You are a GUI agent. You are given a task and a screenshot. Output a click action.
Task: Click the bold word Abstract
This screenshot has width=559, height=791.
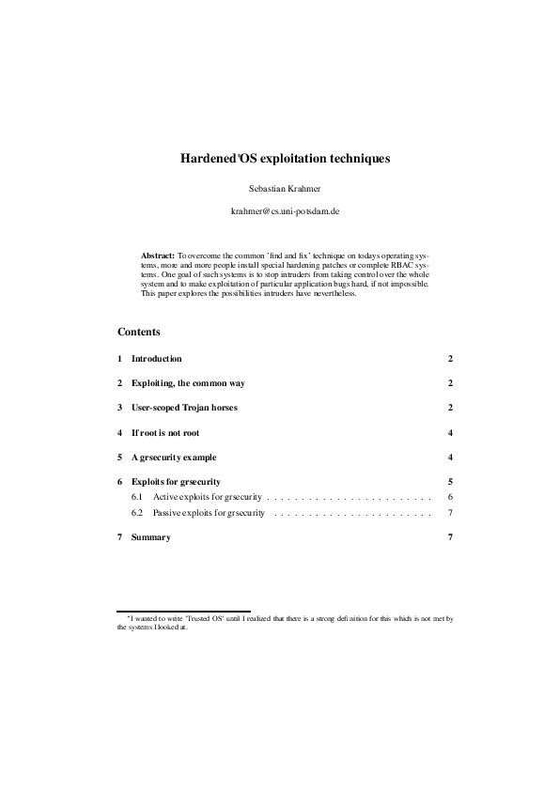158,255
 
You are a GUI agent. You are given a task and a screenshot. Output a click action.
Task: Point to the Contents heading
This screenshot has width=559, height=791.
139,332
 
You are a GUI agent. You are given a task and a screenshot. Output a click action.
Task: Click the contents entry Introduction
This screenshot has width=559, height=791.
156,359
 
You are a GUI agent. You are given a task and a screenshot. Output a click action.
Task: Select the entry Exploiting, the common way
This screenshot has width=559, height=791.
188,383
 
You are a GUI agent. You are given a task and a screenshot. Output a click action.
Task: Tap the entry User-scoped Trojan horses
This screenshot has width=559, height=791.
184,408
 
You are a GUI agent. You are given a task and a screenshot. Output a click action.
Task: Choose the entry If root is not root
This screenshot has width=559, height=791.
165,433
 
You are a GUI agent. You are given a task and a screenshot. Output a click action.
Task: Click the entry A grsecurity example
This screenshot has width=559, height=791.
174,458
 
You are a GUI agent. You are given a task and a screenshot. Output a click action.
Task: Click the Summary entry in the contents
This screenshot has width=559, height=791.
150,537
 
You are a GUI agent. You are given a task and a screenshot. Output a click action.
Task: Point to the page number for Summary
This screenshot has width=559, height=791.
451,537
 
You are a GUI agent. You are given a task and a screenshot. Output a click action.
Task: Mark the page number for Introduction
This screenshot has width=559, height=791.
451,359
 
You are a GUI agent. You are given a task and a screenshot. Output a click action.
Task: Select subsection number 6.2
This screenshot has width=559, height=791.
137,513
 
